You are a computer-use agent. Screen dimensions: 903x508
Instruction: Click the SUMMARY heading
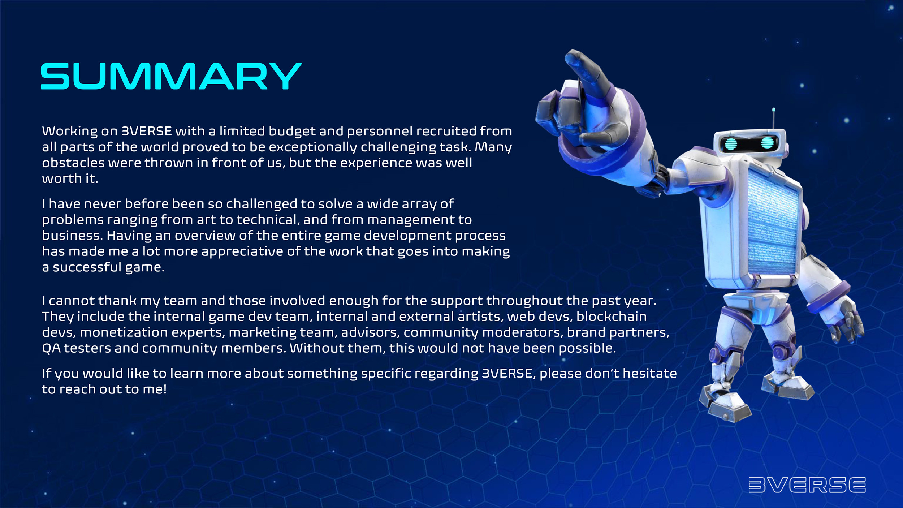point(171,76)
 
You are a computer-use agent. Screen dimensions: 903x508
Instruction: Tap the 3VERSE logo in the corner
point(807,485)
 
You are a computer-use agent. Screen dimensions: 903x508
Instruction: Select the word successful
point(87,267)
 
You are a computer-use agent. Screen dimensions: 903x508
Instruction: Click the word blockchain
point(612,317)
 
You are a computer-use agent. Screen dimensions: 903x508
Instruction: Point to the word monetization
point(124,332)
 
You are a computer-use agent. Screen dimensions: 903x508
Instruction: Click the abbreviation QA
point(51,349)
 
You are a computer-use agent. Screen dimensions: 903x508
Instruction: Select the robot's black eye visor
point(748,143)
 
